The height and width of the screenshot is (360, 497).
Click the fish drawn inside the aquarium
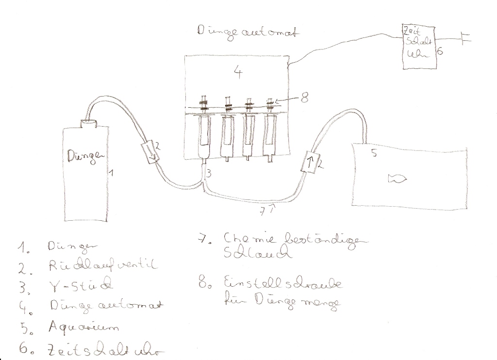point(396,179)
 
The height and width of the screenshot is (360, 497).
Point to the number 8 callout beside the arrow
point(304,98)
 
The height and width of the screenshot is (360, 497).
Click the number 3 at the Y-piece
point(208,173)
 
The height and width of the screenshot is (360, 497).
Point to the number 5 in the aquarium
point(373,154)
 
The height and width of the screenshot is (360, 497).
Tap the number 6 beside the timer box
point(439,51)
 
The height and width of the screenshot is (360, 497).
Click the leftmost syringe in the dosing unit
point(205,133)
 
